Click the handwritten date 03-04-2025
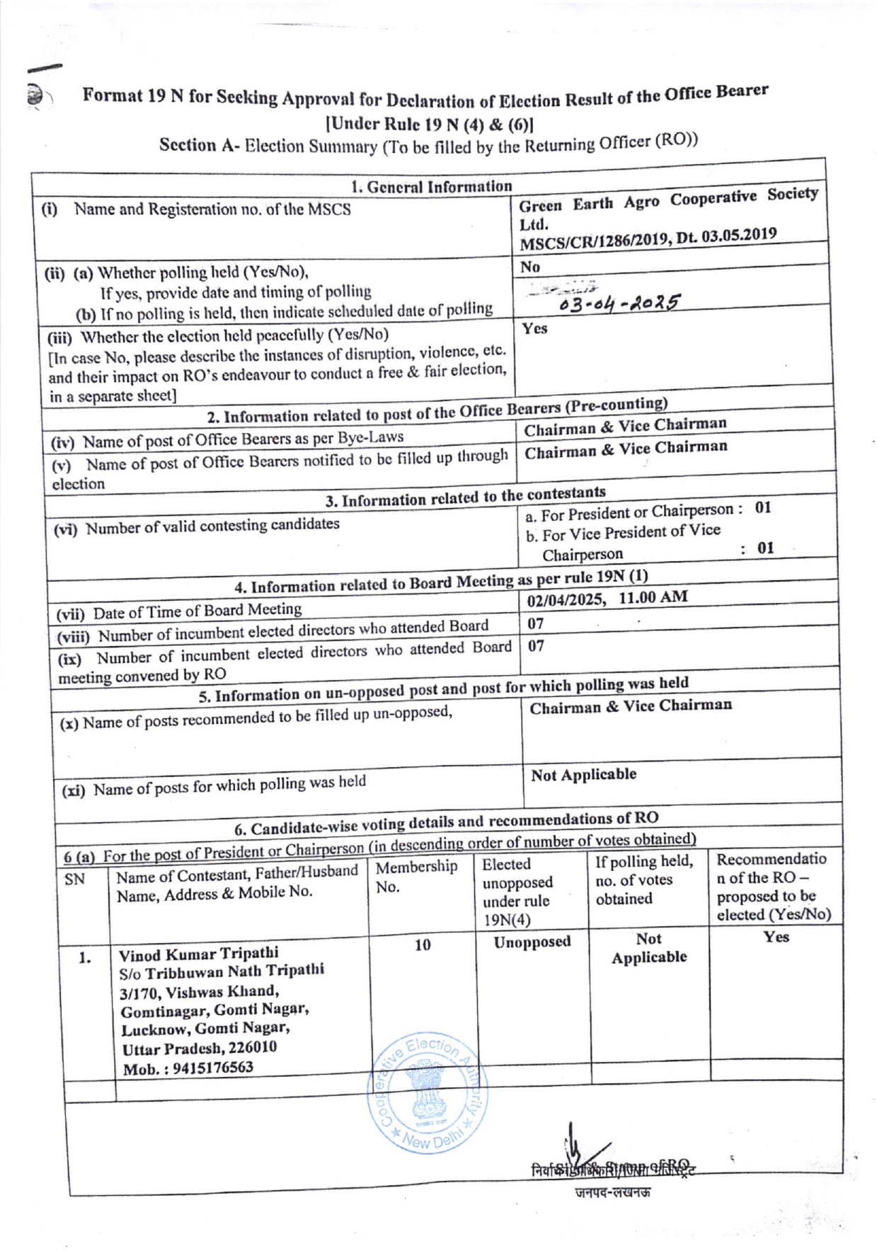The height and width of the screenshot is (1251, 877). click(x=619, y=302)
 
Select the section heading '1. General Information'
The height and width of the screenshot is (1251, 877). click(x=431, y=187)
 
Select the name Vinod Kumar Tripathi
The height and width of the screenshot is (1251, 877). click(x=199, y=953)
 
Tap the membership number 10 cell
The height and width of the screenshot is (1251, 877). click(x=423, y=945)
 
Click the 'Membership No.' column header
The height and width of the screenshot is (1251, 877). click(x=416, y=876)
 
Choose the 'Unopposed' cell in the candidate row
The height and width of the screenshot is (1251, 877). click(x=532, y=942)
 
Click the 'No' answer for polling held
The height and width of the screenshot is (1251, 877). click(x=530, y=267)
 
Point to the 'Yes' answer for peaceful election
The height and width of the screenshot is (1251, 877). click(x=534, y=328)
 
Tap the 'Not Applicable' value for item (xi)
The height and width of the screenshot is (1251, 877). click(x=583, y=775)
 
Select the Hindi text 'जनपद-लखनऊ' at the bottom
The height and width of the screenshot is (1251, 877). click(x=612, y=1192)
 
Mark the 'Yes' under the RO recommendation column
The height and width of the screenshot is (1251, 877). click(x=776, y=937)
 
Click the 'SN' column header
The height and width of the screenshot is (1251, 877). click(x=74, y=880)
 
